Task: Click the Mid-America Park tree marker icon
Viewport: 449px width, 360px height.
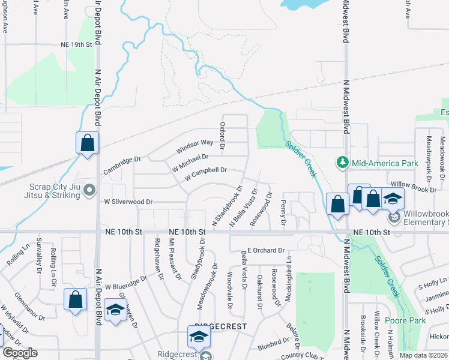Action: pyautogui.click(x=342, y=163)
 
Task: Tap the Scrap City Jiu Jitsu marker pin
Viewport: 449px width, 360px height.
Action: pyautogui.click(x=90, y=191)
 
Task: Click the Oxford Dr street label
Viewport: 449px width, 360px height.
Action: pyautogui.click(x=222, y=137)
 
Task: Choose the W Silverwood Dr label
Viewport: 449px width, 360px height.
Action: pyautogui.click(x=128, y=202)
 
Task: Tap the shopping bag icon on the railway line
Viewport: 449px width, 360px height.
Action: pyautogui.click(x=87, y=143)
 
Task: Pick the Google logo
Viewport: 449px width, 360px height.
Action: pyautogui.click(x=20, y=353)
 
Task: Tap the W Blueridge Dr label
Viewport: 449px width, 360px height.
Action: pyautogui.click(x=126, y=283)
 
